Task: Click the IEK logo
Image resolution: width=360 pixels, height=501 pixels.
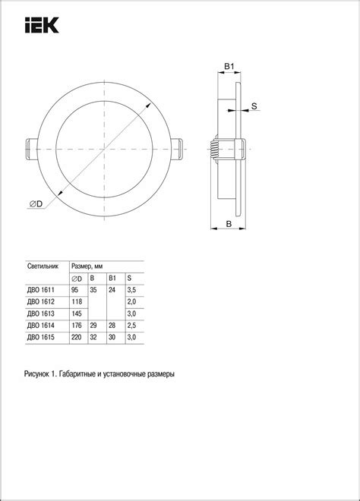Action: [42, 25]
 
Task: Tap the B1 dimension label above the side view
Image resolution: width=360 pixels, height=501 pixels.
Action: [229, 67]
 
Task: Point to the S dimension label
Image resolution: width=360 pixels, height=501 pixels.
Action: [254, 106]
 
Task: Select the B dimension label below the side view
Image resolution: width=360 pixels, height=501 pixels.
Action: [229, 224]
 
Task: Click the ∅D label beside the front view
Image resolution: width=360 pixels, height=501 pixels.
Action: [36, 203]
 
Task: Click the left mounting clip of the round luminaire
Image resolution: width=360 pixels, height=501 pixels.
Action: [32, 150]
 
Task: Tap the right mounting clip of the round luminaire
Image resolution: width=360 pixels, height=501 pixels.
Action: [177, 150]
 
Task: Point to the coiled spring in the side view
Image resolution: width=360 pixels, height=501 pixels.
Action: [213, 150]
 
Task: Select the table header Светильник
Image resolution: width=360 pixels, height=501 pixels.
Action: [43, 266]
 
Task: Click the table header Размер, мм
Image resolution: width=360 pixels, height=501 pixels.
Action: [87, 266]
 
